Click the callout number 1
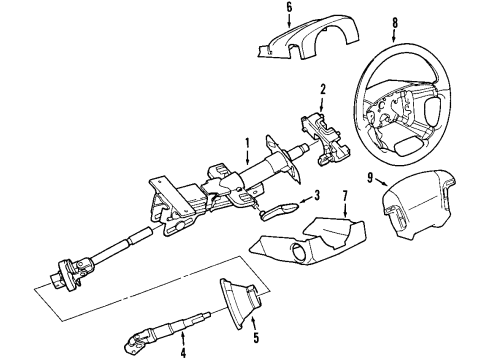click(x=246, y=142)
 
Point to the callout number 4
click(x=184, y=350)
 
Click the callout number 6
click(x=261, y=8)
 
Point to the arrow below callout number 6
click(x=262, y=22)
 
